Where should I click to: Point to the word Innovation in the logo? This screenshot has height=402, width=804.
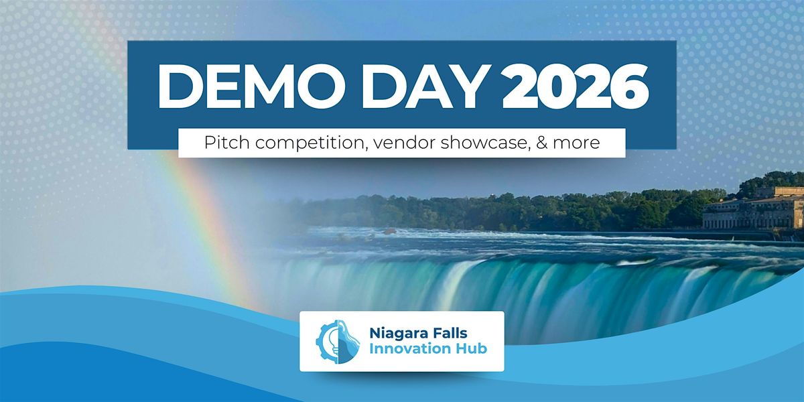[x=407, y=349]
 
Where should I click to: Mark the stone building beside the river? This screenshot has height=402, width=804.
[x=754, y=209]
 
